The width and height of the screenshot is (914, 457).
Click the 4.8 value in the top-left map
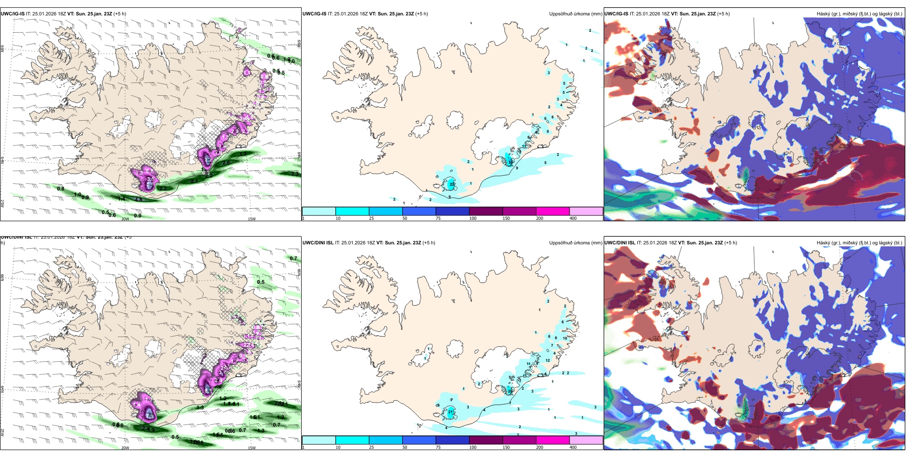139,200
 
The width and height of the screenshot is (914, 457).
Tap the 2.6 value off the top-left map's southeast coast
226,163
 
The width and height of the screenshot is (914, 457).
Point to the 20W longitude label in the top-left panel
125,219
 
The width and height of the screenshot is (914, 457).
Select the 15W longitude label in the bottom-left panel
252,448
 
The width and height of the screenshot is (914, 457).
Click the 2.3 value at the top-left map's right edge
295,174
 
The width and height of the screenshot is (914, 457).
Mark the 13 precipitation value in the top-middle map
524,146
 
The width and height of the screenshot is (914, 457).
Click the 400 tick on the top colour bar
573,218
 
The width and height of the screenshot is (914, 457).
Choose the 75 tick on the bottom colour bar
438,447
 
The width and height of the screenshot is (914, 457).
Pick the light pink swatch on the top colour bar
586,211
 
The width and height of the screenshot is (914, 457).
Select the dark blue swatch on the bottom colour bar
452,440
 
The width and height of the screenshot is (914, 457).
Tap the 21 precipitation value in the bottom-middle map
451,412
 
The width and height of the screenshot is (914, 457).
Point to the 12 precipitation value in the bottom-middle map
547,360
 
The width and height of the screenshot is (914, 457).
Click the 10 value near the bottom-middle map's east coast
565,338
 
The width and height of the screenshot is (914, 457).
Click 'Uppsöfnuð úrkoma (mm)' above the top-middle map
575,14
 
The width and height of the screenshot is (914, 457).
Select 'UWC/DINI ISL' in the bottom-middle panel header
318,243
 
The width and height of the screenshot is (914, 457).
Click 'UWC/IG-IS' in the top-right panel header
616,14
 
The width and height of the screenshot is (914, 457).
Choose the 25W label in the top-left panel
2,203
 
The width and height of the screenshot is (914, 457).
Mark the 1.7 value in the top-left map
243,154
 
